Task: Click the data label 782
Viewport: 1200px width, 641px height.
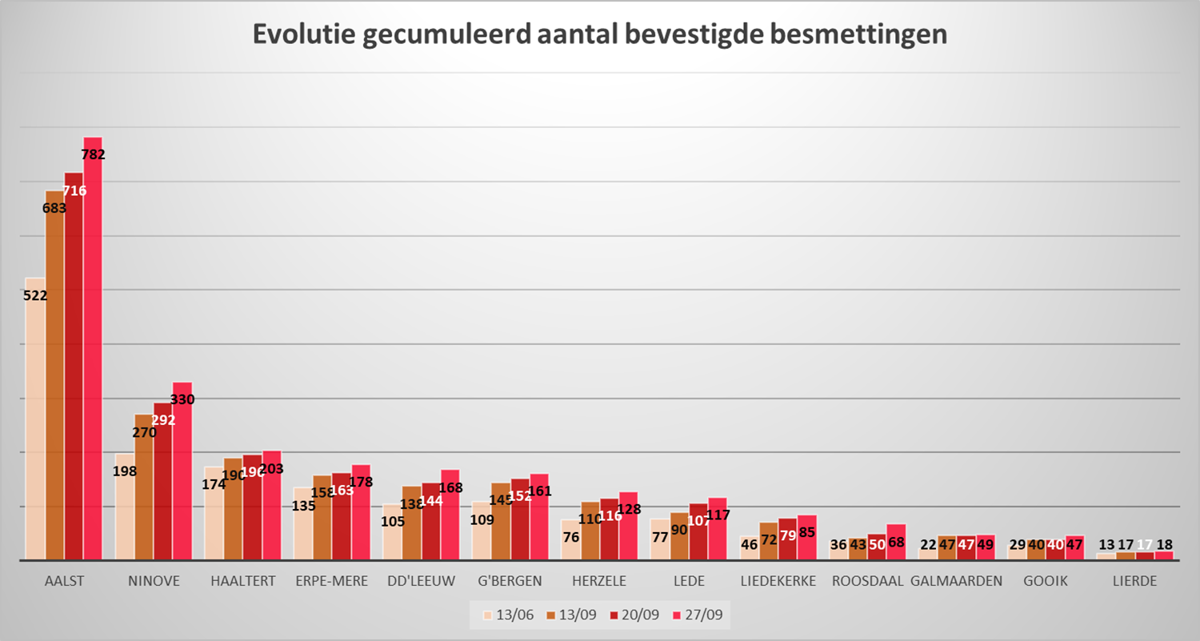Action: click(94, 155)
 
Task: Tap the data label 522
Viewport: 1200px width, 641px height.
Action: click(36, 295)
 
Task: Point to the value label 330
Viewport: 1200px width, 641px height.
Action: click(182, 399)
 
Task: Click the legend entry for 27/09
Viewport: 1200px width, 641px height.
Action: click(703, 615)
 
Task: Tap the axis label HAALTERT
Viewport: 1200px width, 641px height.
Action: click(242, 581)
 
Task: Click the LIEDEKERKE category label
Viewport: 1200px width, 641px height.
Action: click(778, 581)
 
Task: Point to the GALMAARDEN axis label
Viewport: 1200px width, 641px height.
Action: click(956, 581)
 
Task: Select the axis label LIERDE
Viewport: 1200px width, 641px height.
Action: click(1134, 581)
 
